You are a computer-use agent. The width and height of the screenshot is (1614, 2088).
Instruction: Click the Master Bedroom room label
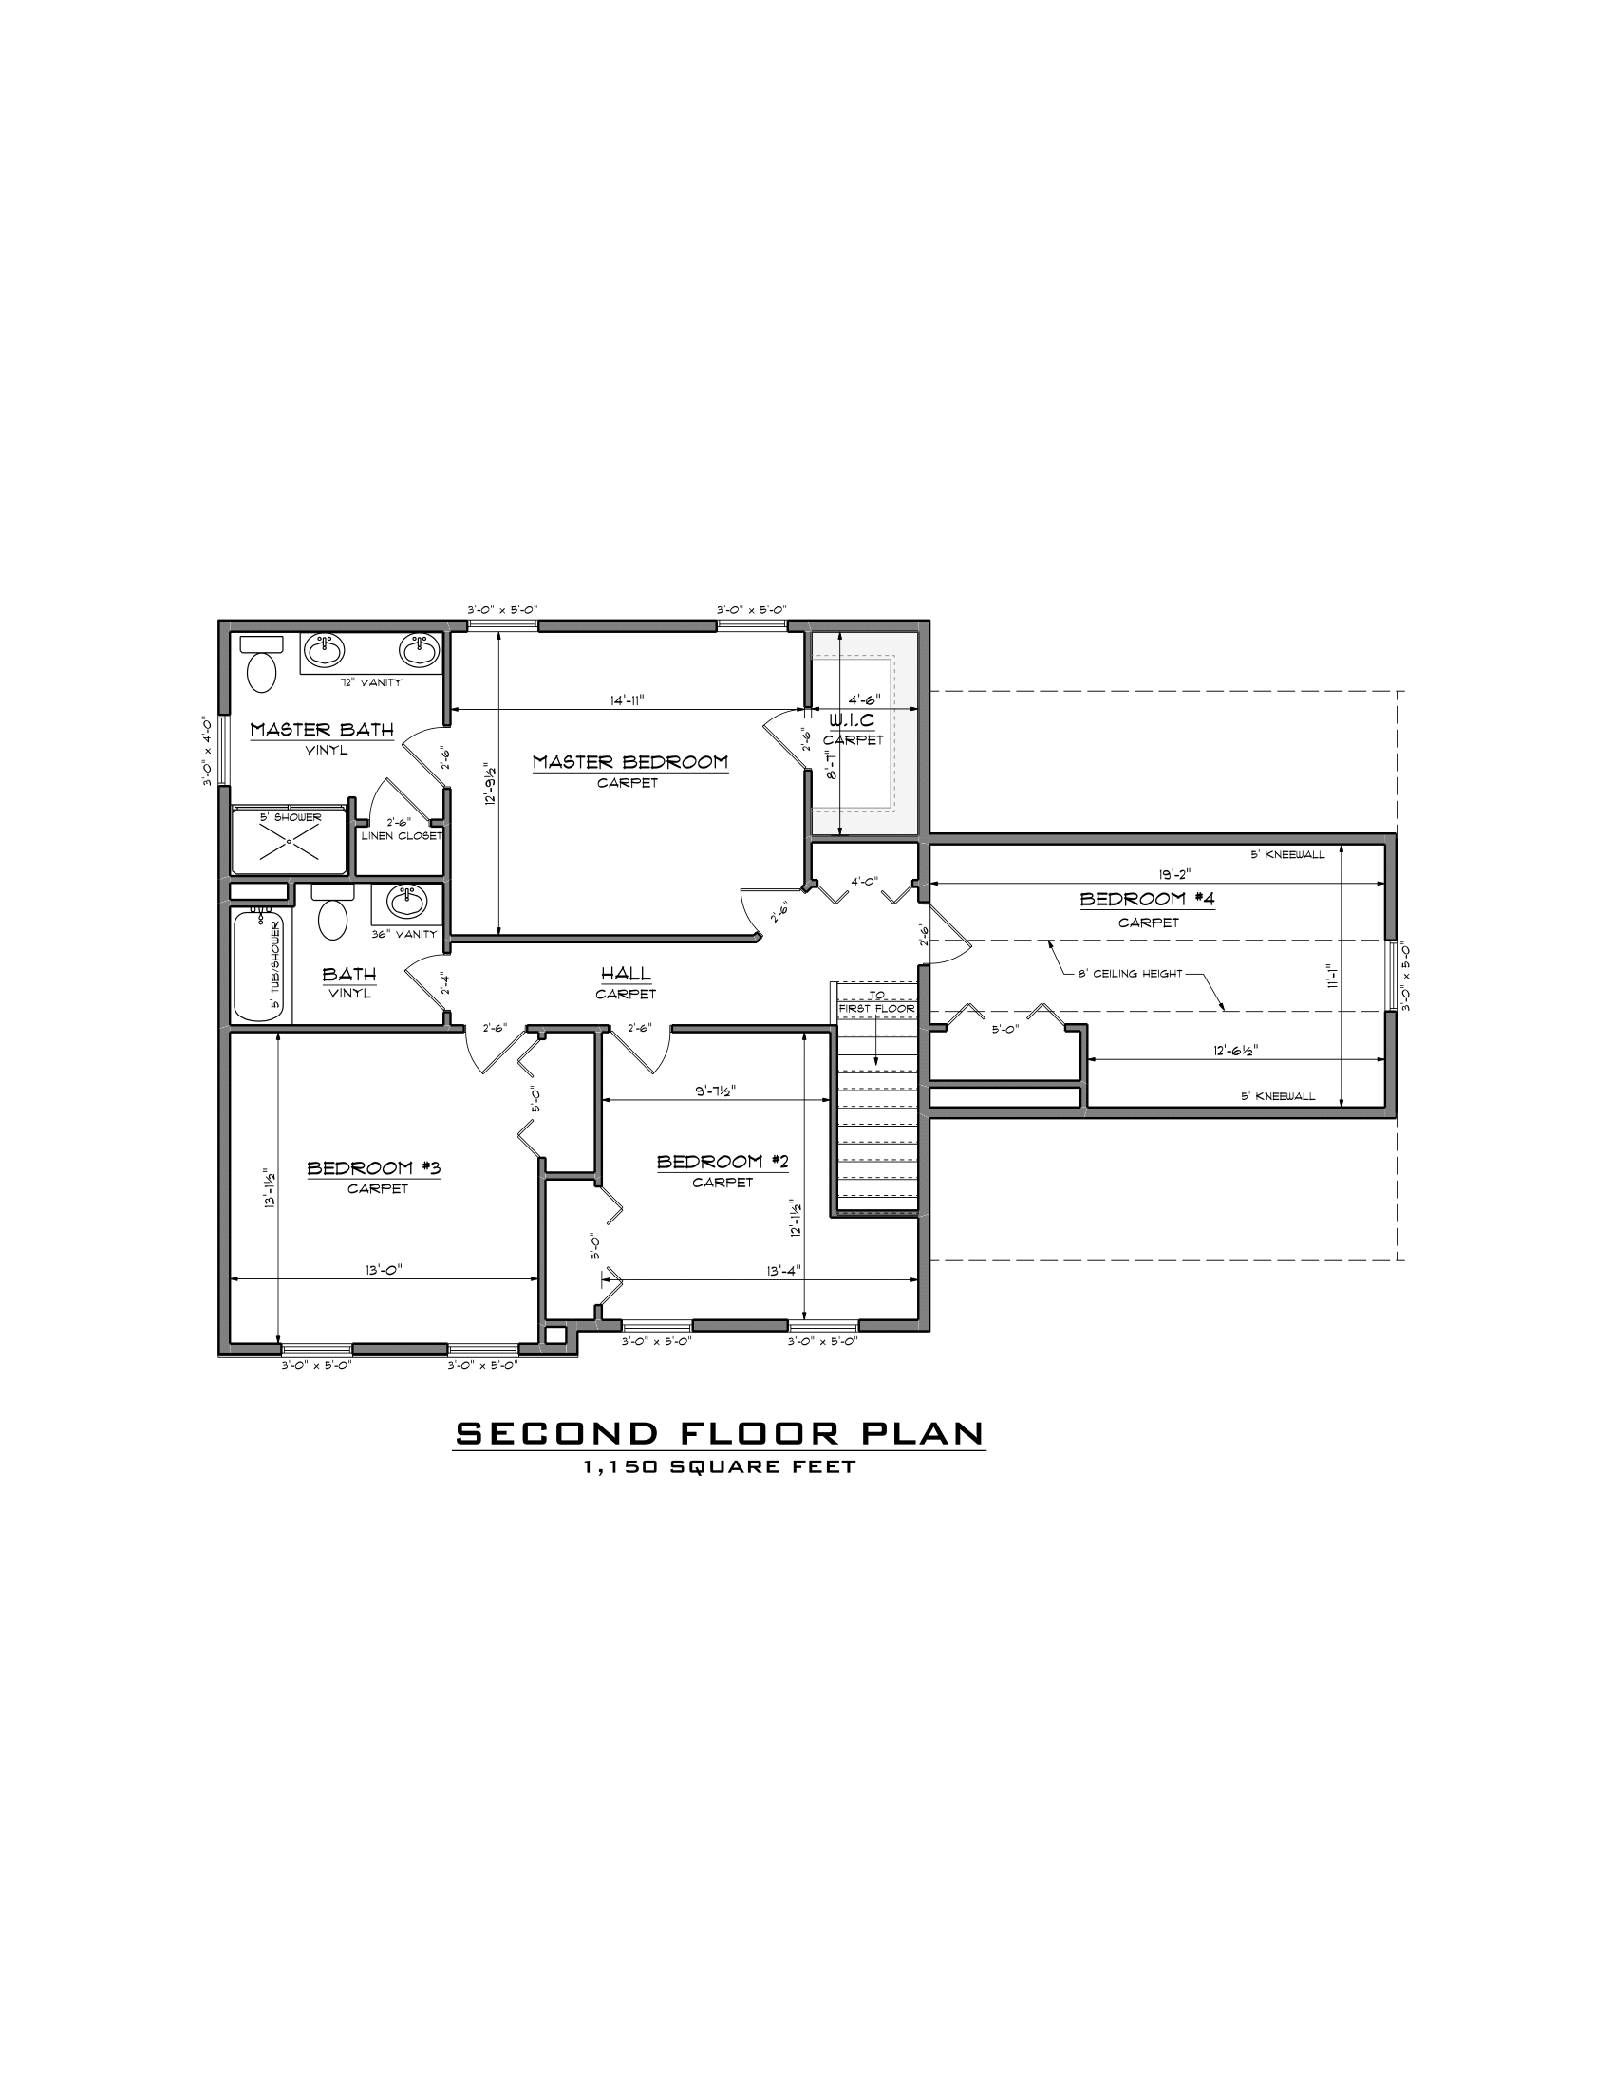click(x=630, y=762)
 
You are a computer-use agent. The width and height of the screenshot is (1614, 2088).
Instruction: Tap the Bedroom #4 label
click(x=1148, y=899)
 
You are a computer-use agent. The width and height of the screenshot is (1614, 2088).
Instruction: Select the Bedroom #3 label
click(x=373, y=1167)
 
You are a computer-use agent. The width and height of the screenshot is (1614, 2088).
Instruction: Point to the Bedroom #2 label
click(x=723, y=1162)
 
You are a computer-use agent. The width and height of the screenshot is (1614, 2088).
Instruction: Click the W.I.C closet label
click(x=852, y=720)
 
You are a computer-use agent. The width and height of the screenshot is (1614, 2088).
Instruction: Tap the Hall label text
click(x=627, y=973)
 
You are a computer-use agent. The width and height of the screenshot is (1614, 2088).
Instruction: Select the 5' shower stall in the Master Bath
click(x=290, y=841)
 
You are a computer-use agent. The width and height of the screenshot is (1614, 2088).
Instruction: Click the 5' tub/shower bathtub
click(x=259, y=965)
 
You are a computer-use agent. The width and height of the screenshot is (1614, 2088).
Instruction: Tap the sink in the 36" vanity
click(x=408, y=902)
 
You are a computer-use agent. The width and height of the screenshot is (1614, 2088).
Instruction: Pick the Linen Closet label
click(x=401, y=835)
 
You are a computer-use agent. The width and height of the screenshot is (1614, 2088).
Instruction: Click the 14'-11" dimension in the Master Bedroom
click(x=628, y=699)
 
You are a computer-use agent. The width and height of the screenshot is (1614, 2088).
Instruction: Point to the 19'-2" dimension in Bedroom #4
click(x=1175, y=873)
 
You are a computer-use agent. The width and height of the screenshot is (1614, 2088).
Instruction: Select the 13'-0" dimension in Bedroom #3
click(x=385, y=1270)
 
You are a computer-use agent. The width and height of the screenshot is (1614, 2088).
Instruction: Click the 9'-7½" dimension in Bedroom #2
click(x=715, y=1090)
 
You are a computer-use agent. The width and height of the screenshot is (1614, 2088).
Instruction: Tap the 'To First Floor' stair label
click(x=877, y=1002)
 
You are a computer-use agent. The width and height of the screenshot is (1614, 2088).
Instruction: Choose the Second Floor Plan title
click(x=719, y=1433)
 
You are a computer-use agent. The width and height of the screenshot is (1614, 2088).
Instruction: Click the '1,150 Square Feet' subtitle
click(x=719, y=1466)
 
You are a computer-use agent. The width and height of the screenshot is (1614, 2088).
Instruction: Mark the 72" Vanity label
click(x=371, y=682)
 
